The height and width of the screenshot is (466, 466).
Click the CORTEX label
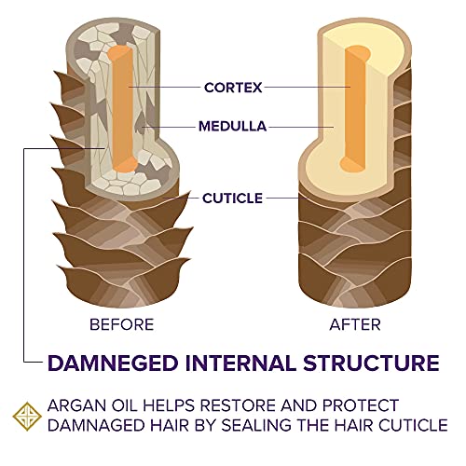tap(233, 88)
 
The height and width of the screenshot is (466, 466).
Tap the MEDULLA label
tap(232, 127)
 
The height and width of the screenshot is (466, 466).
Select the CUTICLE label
tap(232, 199)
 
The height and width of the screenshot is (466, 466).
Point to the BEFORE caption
tap(122, 324)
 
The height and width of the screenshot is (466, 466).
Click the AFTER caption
tap(355, 324)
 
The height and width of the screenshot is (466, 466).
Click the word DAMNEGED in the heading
tap(113, 363)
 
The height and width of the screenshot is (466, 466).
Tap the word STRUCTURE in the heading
tap(371, 363)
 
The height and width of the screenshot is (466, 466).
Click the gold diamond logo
tap(27, 417)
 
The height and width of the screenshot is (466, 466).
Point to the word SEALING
tap(257, 425)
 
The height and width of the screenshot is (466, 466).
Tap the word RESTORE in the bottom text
tap(237, 405)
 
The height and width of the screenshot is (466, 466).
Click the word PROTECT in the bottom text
tap(361, 405)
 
